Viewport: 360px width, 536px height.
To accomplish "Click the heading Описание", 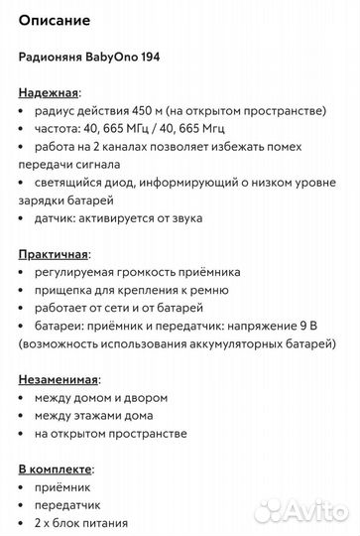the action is click(55, 19).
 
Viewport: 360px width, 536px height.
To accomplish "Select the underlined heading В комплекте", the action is click(56, 469).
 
